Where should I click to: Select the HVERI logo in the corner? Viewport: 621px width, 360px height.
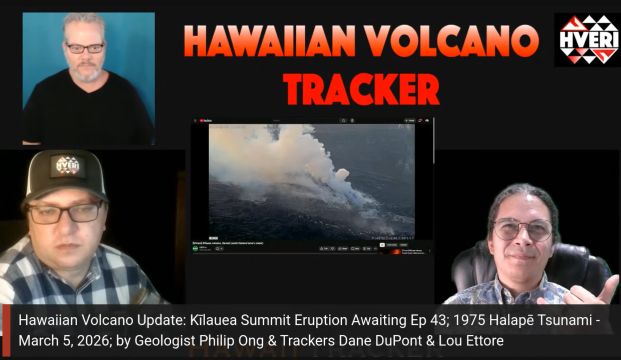[587, 40]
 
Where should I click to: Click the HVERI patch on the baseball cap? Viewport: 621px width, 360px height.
[67, 166]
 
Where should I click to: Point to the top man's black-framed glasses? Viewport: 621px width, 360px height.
[85, 48]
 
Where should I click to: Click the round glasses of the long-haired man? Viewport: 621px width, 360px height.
[522, 229]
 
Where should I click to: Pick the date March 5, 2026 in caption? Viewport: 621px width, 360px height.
[56, 341]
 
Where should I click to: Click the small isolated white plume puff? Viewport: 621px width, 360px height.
[342, 175]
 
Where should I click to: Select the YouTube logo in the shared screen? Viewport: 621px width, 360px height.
[205, 121]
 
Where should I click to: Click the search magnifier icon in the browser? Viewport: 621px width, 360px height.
[343, 121]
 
